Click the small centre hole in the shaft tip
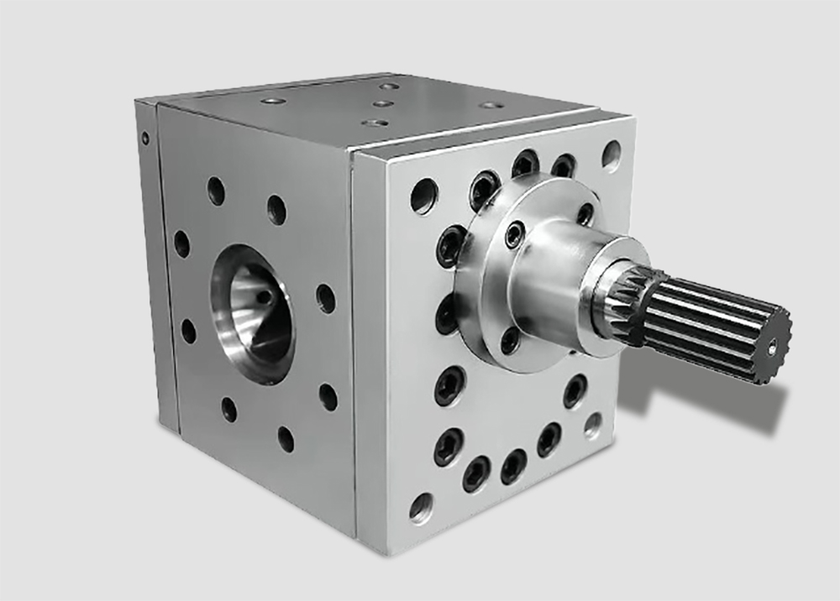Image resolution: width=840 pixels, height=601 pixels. pyautogui.click(x=773, y=343)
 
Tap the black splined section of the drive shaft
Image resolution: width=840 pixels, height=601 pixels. pyautogui.click(x=714, y=323)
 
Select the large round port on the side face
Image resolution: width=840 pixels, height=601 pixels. pyautogui.click(x=253, y=312)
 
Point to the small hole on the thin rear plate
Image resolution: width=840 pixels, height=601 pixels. pyautogui.click(x=145, y=138)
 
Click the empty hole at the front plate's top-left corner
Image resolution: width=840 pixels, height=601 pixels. pyautogui.click(x=423, y=196)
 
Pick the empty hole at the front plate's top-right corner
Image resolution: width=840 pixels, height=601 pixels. pyautogui.click(x=612, y=154)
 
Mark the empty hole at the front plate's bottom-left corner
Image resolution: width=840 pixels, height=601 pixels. pyautogui.click(x=420, y=507)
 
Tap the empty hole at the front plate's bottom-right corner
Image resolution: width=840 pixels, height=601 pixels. pyautogui.click(x=593, y=425)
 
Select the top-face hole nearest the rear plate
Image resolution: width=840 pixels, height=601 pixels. pyautogui.click(x=272, y=101)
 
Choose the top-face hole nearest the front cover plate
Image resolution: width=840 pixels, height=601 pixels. pyautogui.click(x=491, y=107)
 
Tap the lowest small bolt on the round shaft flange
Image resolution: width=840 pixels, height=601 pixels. pyautogui.click(x=510, y=340)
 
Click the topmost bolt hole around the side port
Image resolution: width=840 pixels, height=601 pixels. pyautogui.click(x=216, y=191)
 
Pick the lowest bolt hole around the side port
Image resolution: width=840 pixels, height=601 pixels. pyautogui.click(x=286, y=437)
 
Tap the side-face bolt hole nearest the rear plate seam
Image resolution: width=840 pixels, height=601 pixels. pyautogui.click(x=181, y=244)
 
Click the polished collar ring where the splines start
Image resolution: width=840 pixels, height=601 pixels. pyautogui.click(x=605, y=294)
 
